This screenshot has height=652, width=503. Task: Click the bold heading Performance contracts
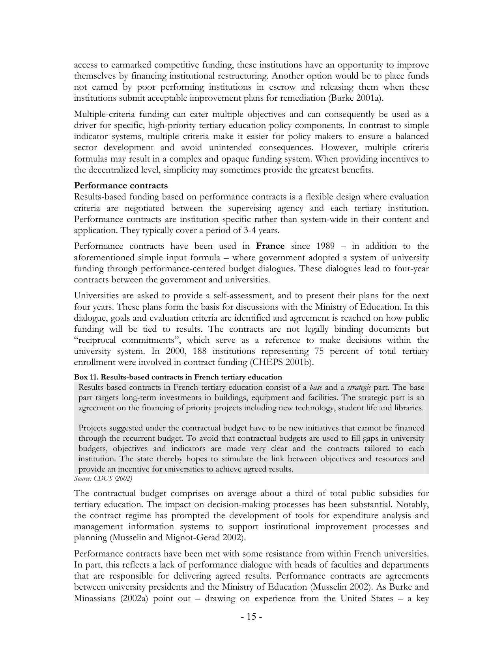click(x=121, y=186)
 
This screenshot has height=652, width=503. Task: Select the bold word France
click(x=270, y=246)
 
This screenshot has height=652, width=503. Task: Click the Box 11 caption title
click(x=178, y=377)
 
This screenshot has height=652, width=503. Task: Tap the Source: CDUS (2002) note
click(x=103, y=479)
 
